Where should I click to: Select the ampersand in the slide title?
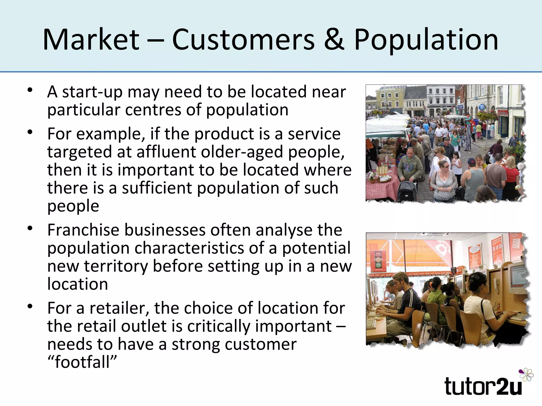coord(334,40)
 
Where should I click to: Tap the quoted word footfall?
coord(82,362)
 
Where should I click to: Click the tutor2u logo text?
coord(483,386)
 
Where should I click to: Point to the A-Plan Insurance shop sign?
coord(415,109)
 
